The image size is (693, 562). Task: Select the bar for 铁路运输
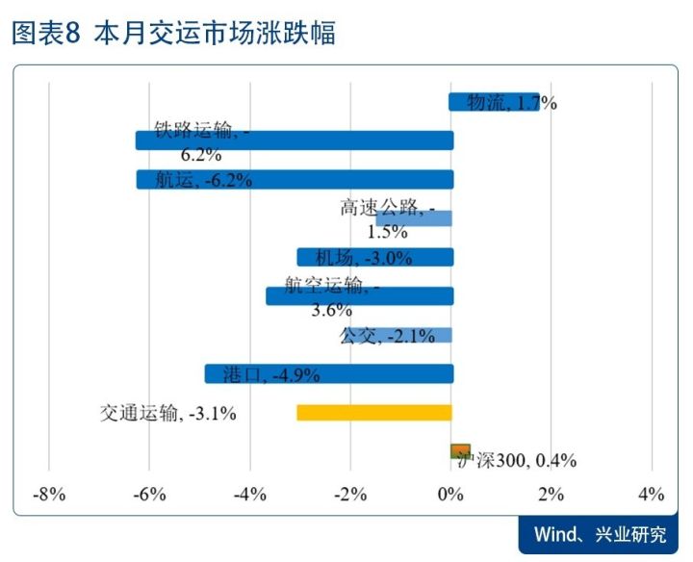click(294, 140)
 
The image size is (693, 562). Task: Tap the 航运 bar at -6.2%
click(294, 180)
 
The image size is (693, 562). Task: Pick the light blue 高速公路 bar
click(414, 218)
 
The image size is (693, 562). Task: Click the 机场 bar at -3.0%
click(374, 257)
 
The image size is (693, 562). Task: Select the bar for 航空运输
click(359, 296)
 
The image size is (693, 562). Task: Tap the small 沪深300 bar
click(460, 450)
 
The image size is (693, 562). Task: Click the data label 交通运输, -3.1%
click(168, 413)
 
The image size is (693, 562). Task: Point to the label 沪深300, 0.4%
click(515, 461)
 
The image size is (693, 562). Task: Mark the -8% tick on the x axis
click(49, 495)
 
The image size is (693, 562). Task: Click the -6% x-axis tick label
click(149, 495)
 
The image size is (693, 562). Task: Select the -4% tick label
click(250, 495)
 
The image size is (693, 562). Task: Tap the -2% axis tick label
click(350, 495)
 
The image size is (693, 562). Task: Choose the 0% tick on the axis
click(451, 495)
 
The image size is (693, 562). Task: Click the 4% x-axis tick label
click(652, 495)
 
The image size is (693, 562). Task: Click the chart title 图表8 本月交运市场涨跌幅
click(173, 35)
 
